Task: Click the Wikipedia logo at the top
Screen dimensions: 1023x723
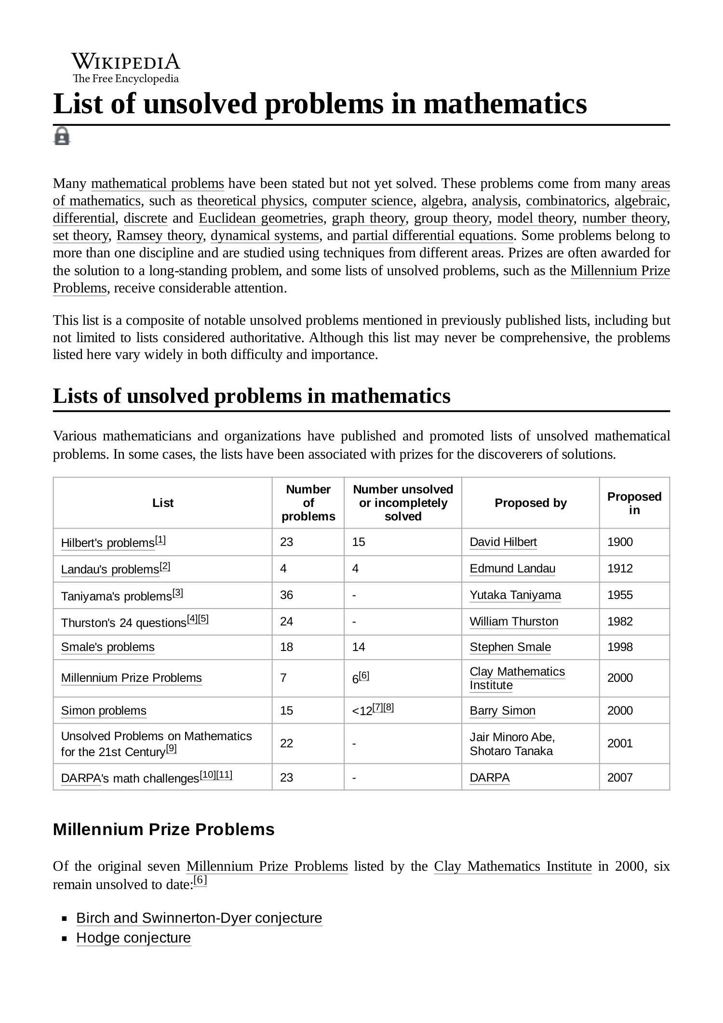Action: tap(126, 68)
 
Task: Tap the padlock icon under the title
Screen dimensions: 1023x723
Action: tap(61, 136)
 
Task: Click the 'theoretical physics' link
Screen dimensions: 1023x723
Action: tap(251, 201)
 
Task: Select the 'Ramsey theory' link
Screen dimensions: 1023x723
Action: tap(160, 236)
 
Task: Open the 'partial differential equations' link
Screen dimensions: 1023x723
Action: tap(432, 236)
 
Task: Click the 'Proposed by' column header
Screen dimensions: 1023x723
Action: tap(530, 503)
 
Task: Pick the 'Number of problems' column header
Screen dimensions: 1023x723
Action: tap(308, 503)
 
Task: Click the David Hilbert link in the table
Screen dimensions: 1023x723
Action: tap(503, 542)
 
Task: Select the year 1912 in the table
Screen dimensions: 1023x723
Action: tap(620, 569)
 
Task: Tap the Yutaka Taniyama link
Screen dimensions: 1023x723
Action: tap(515, 595)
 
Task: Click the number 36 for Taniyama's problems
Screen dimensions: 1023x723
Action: tap(286, 595)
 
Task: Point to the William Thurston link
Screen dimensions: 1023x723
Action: tap(514, 622)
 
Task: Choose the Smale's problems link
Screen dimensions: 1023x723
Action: tap(107, 647)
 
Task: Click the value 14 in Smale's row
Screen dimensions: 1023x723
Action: tap(359, 647)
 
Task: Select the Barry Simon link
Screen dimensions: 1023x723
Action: tap(502, 711)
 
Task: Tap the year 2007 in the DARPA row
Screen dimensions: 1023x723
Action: tap(620, 777)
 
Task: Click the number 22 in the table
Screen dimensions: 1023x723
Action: tap(286, 744)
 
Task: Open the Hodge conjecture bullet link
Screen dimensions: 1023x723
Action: tap(134, 938)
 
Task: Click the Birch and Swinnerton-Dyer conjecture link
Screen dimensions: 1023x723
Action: tap(199, 917)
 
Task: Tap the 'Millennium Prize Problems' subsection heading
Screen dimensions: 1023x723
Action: tap(163, 829)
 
